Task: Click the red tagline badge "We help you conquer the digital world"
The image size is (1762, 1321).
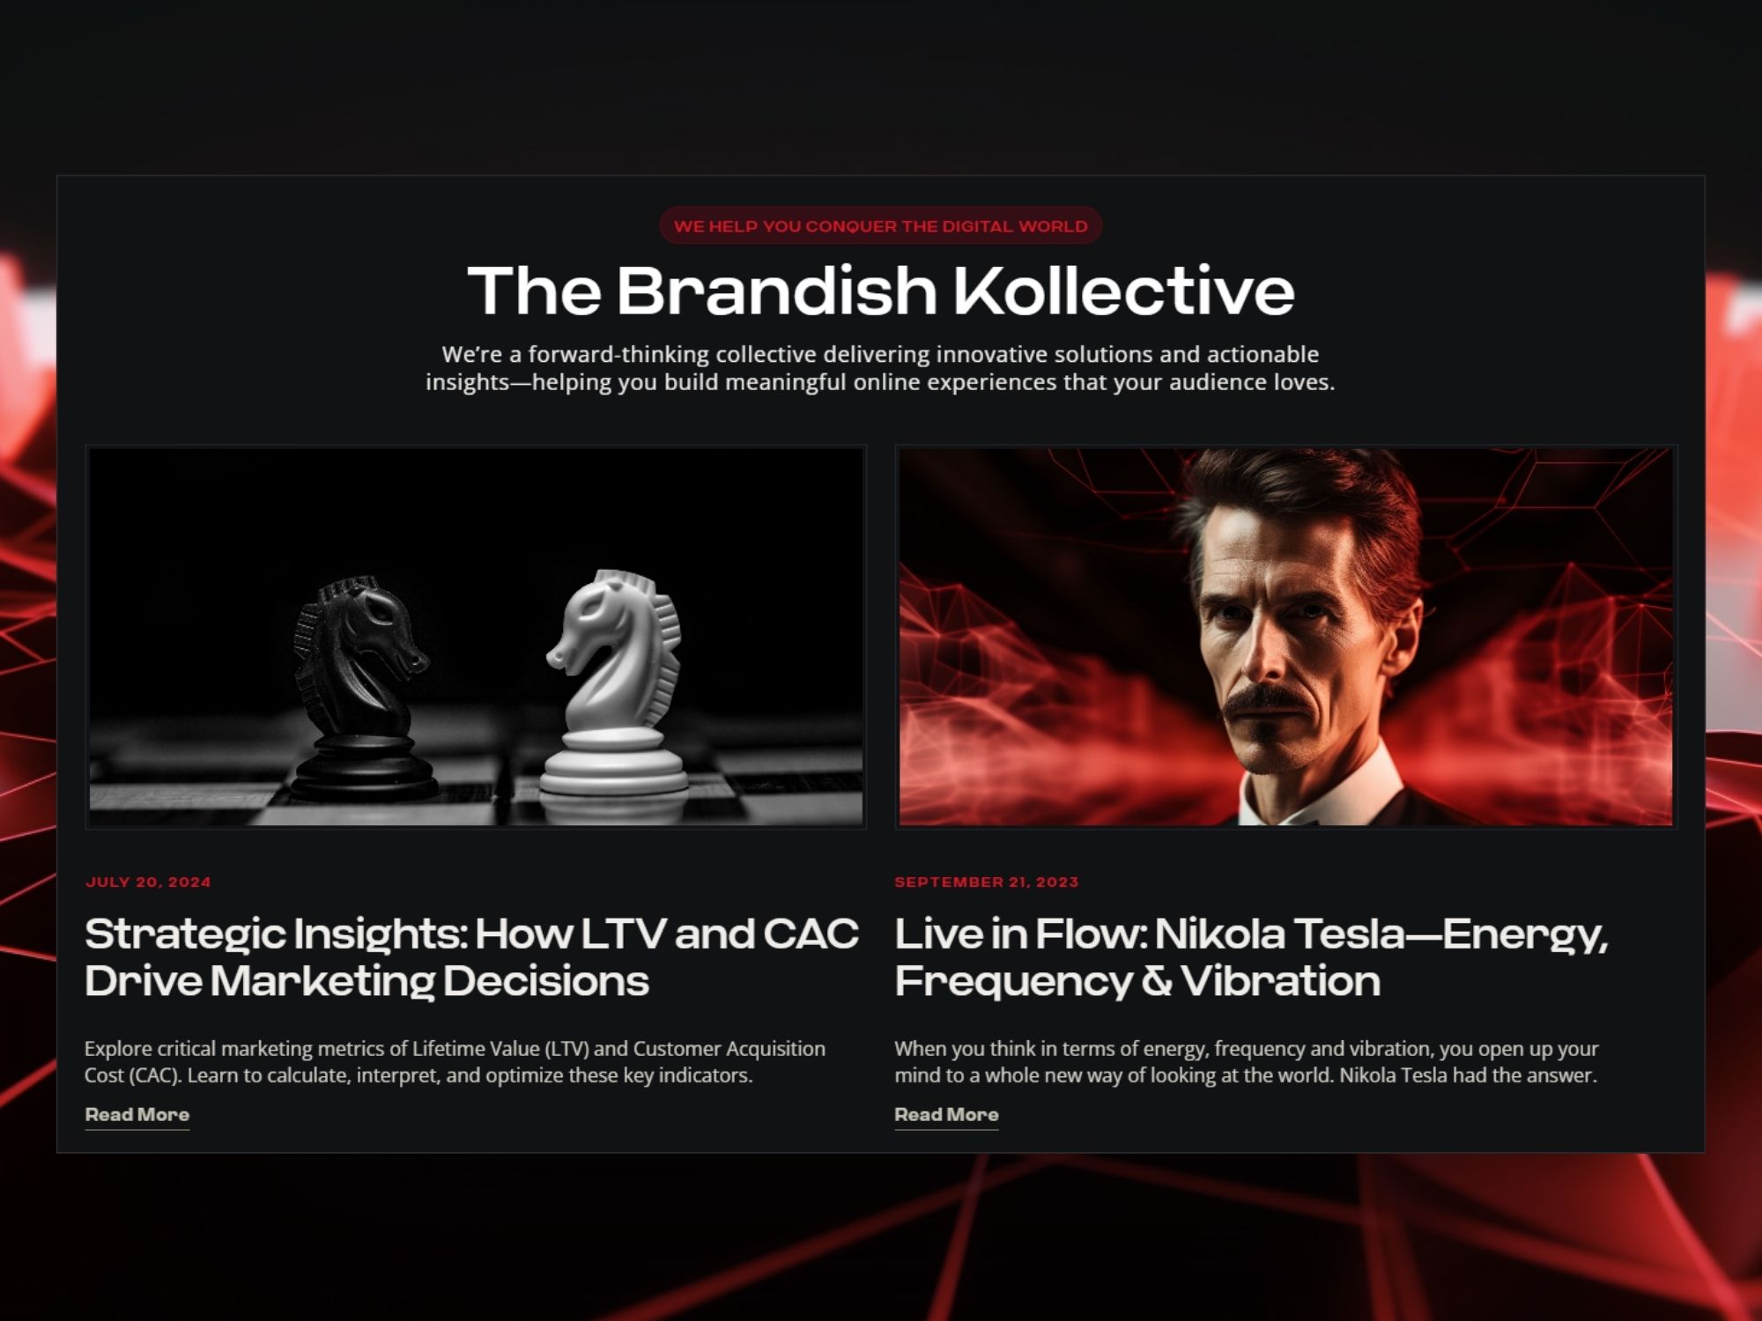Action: click(880, 226)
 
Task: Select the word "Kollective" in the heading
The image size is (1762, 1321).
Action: click(1124, 291)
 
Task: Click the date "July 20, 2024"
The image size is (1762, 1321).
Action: click(148, 882)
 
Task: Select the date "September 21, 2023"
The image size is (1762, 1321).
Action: click(986, 882)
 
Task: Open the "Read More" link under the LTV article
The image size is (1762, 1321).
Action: click(137, 1115)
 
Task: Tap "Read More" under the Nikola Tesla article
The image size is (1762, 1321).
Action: click(946, 1115)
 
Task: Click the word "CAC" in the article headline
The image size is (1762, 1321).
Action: click(811, 934)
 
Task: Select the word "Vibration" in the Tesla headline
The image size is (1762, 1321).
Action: click(1280, 981)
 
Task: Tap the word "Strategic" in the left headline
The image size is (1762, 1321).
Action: click(185, 934)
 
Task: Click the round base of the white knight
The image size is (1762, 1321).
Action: click(614, 779)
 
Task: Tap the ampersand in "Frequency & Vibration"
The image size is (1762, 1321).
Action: click(1156, 981)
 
